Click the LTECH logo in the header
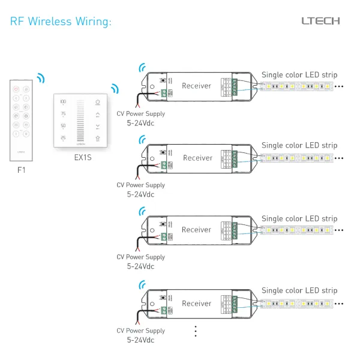[320, 21]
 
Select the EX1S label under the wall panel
[82, 160]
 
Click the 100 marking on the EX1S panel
[63, 103]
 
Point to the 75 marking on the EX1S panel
[63, 114]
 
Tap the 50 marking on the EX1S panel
[63, 126]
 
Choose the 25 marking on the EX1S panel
[63, 138]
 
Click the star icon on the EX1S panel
[97, 138]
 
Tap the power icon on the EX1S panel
[97, 103]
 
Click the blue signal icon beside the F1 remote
[40, 79]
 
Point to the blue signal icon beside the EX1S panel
[115, 89]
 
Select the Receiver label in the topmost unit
[197, 86]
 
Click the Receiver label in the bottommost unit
[197, 304]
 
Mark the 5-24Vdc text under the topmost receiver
[140, 123]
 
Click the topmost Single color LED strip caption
[299, 75]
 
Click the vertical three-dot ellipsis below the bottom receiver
[196, 331]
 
